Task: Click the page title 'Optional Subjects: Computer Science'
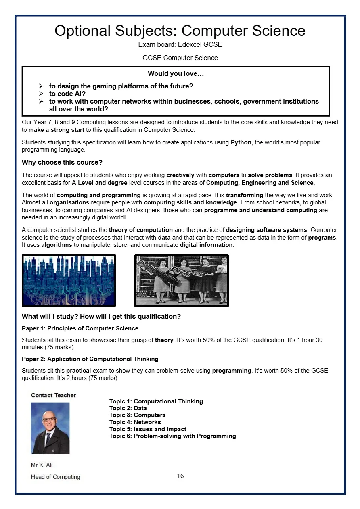(x=180, y=31)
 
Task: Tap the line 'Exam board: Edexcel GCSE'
(x=180, y=44)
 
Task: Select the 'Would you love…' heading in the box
(x=176, y=73)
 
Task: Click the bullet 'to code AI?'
(x=67, y=94)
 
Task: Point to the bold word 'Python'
(x=241, y=142)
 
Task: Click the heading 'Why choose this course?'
(x=62, y=163)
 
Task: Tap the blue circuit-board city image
(x=69, y=280)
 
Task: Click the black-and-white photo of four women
(x=181, y=280)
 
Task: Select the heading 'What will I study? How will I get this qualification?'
(x=101, y=317)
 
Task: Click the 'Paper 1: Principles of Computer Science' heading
(x=80, y=328)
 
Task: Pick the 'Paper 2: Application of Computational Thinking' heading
(x=90, y=359)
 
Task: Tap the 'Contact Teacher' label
(x=53, y=395)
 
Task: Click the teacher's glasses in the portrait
(x=49, y=420)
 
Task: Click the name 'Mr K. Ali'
(x=42, y=465)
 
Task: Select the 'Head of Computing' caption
(x=55, y=477)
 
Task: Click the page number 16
(x=180, y=476)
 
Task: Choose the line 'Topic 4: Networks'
(x=135, y=422)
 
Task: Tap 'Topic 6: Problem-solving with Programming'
(x=172, y=436)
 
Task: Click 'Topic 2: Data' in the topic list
(x=128, y=408)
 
